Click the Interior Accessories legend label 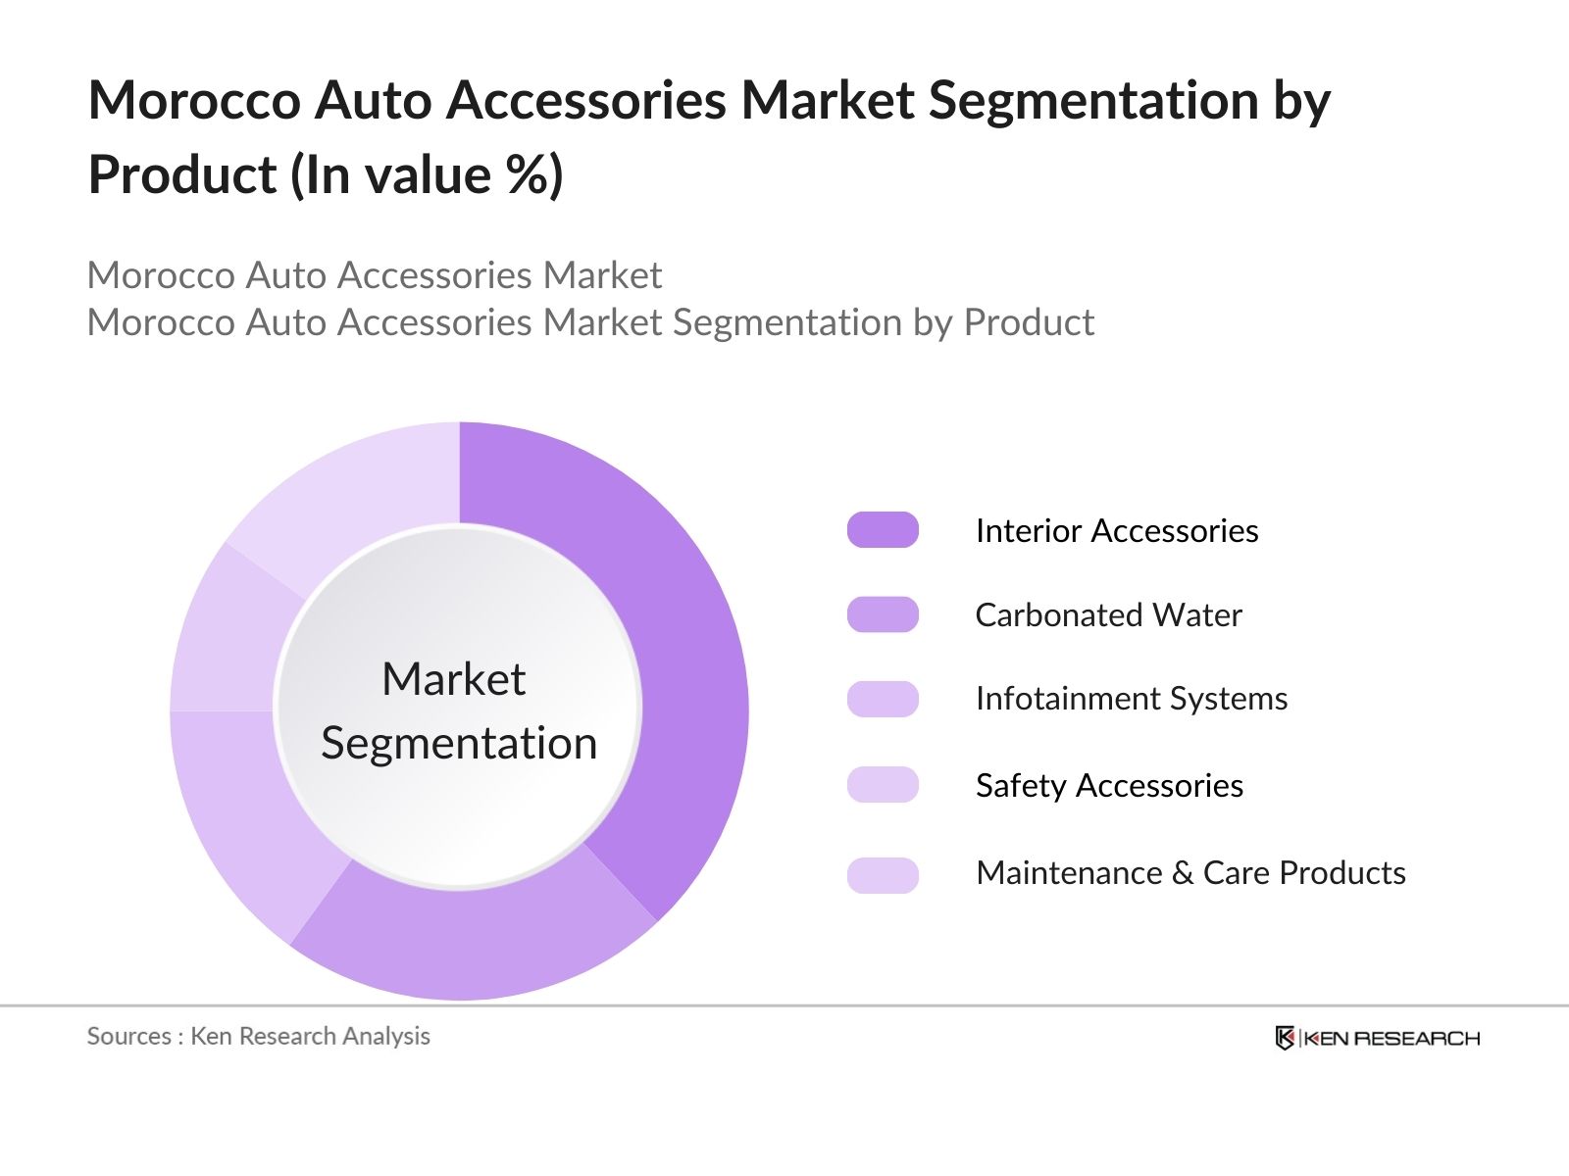click(x=1116, y=530)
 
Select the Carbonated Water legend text click(x=1108, y=614)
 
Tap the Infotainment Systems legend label click(x=1131, y=699)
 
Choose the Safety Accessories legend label click(x=1109, y=785)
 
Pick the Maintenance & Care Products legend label click(x=1190, y=872)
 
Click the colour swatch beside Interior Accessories click(x=883, y=530)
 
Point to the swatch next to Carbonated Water click(x=883, y=614)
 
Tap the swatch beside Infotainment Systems click(x=883, y=700)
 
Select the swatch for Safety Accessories click(x=883, y=785)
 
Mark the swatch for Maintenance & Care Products click(x=883, y=875)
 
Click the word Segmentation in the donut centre click(x=459, y=743)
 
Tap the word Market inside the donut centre click(x=453, y=679)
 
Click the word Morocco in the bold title click(x=194, y=100)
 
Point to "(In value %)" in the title click(x=426, y=175)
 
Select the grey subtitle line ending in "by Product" click(x=590, y=322)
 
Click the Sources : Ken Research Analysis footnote click(x=258, y=1036)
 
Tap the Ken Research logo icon click(x=1285, y=1038)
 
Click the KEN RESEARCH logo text click(x=1391, y=1039)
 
